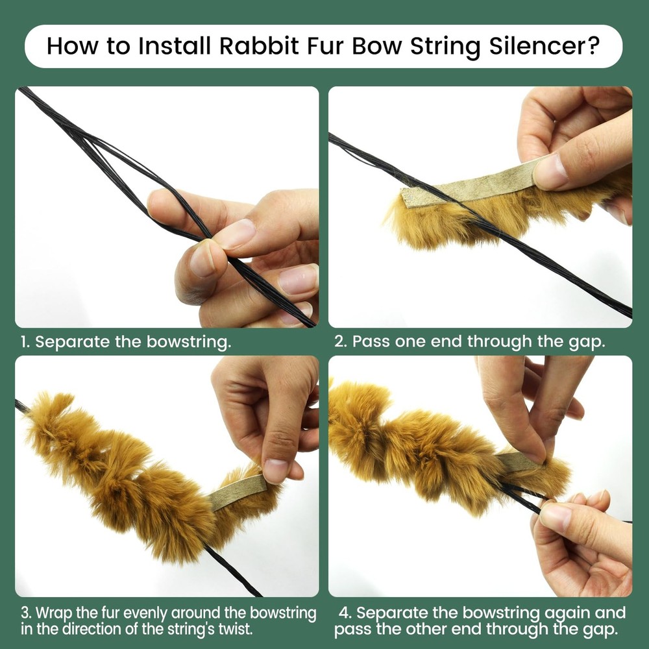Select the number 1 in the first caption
coord(23,343)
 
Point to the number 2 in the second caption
coord(339,343)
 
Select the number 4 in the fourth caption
coord(345,613)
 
